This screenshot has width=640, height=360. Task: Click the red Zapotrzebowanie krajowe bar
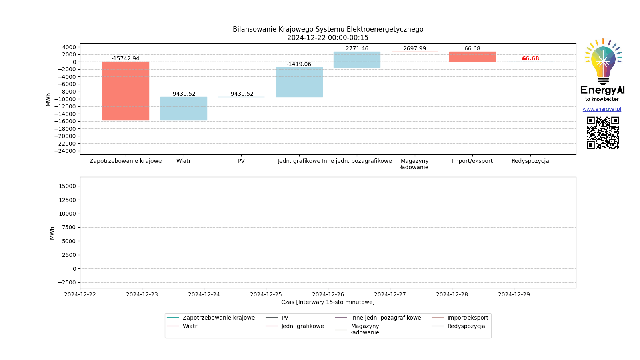pos(126,91)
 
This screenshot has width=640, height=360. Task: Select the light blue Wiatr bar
pos(184,108)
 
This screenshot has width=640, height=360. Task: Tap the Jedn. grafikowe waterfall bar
pos(299,82)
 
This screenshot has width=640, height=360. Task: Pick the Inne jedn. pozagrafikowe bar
pos(357,59)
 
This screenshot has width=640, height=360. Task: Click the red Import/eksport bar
pos(472,56)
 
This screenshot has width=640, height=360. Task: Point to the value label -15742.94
pos(126,58)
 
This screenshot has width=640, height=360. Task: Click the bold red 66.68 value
pos(530,58)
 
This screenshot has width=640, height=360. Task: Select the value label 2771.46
pos(357,48)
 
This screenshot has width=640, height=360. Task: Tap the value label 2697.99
pos(414,48)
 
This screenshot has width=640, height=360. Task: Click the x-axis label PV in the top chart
pos(241,161)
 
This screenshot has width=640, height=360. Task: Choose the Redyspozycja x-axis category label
pos(530,161)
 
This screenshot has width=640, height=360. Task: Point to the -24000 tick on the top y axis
pos(65,151)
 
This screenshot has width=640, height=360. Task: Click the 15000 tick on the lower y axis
pos(67,186)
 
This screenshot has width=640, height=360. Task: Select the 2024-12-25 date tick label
pos(266,294)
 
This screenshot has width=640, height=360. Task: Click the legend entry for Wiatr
pos(190,326)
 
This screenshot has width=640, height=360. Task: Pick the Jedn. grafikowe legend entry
pos(302,326)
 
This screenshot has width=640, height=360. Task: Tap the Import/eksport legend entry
pos(468,318)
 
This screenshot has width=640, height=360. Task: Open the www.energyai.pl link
pos(602,109)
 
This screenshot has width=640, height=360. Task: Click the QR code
pos(603,132)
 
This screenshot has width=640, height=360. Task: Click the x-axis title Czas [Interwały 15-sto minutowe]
pos(328,302)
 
